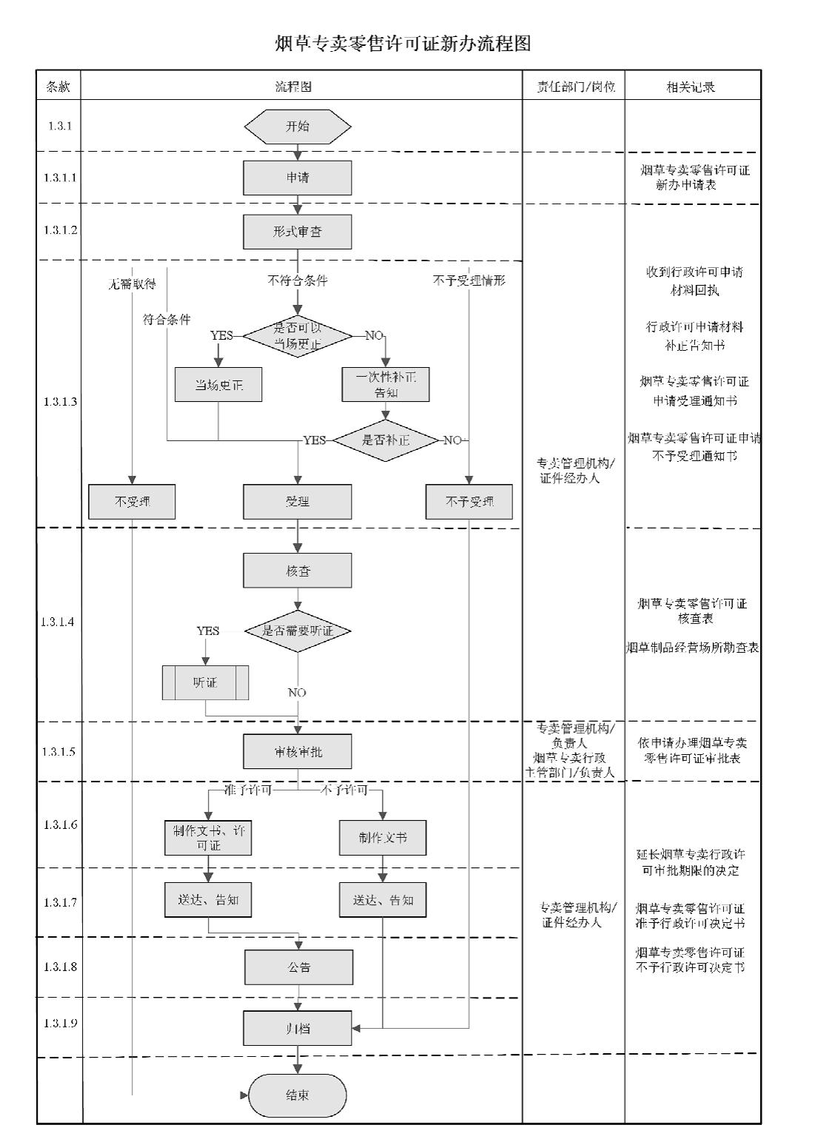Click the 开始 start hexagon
pyautogui.click(x=298, y=127)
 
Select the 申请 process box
pyautogui.click(x=298, y=178)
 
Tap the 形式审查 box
pyautogui.click(x=298, y=232)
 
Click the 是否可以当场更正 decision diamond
pyautogui.click(x=298, y=336)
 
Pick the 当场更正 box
pyautogui.click(x=218, y=385)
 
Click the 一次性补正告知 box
pyautogui.click(x=386, y=385)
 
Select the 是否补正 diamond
pyautogui.click(x=386, y=440)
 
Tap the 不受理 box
pyautogui.click(x=133, y=502)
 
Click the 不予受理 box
pyautogui.click(x=469, y=502)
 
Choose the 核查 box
pyautogui.click(x=298, y=571)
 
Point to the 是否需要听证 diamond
pyautogui.click(x=298, y=631)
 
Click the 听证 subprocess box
pyautogui.click(x=205, y=682)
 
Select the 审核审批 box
pyautogui.click(x=298, y=752)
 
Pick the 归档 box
pyautogui.click(x=298, y=1028)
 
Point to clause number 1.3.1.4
pyautogui.click(x=58, y=622)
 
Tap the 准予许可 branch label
pyautogui.click(x=248, y=790)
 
